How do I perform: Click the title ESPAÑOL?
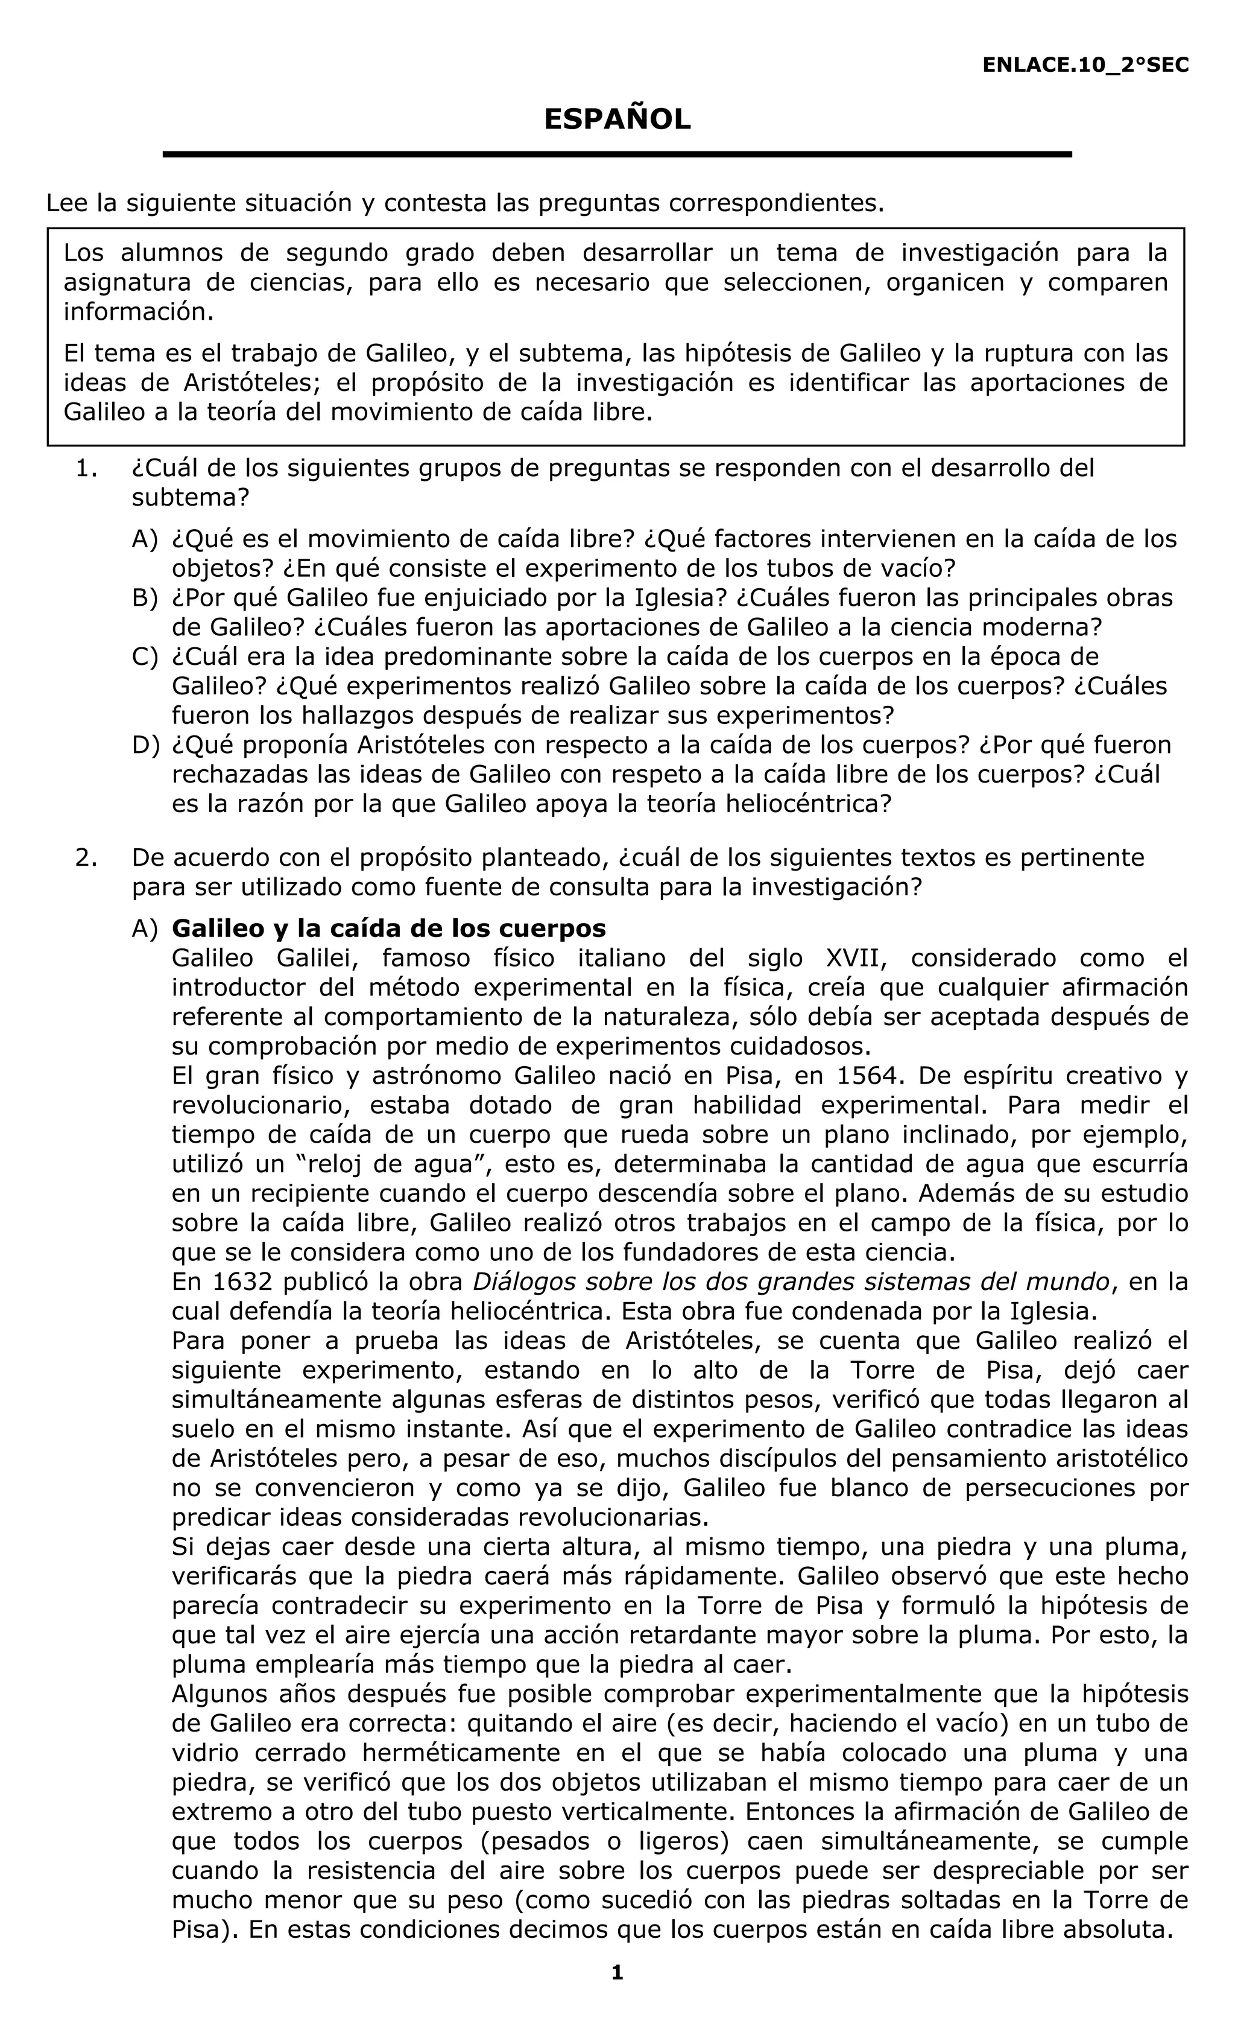tap(617, 121)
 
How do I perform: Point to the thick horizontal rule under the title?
tap(617, 154)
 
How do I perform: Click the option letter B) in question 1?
tap(145, 597)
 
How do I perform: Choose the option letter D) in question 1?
tap(145, 745)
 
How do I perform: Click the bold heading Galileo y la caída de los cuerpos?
tap(389, 929)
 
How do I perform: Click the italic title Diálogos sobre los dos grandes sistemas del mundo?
tap(791, 1282)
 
